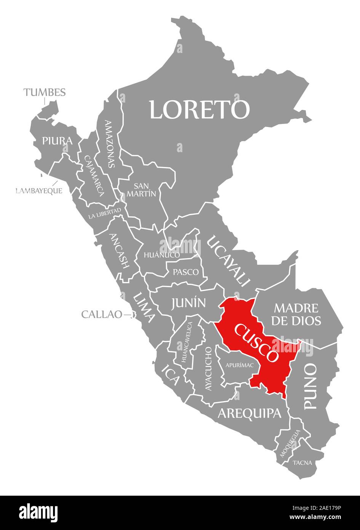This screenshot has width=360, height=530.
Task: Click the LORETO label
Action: click(199, 109)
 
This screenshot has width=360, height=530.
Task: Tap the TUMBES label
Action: click(45, 92)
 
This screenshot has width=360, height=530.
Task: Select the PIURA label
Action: click(57, 141)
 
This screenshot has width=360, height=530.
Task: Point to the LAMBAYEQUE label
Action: click(39, 191)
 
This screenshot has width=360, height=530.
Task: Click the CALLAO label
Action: click(101, 314)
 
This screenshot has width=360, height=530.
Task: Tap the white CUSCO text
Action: click(256, 342)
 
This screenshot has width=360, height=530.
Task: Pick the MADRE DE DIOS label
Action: click(296, 314)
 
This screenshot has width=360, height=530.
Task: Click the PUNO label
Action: click(310, 386)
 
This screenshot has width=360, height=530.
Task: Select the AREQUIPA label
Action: click(250, 413)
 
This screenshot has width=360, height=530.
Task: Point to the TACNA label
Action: click(302, 463)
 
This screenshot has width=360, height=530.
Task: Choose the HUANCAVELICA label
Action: click(187, 342)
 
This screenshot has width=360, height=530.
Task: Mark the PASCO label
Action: click(186, 272)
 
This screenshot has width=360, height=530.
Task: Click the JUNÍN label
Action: click(188, 303)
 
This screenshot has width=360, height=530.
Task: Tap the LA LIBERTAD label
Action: click(104, 213)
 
